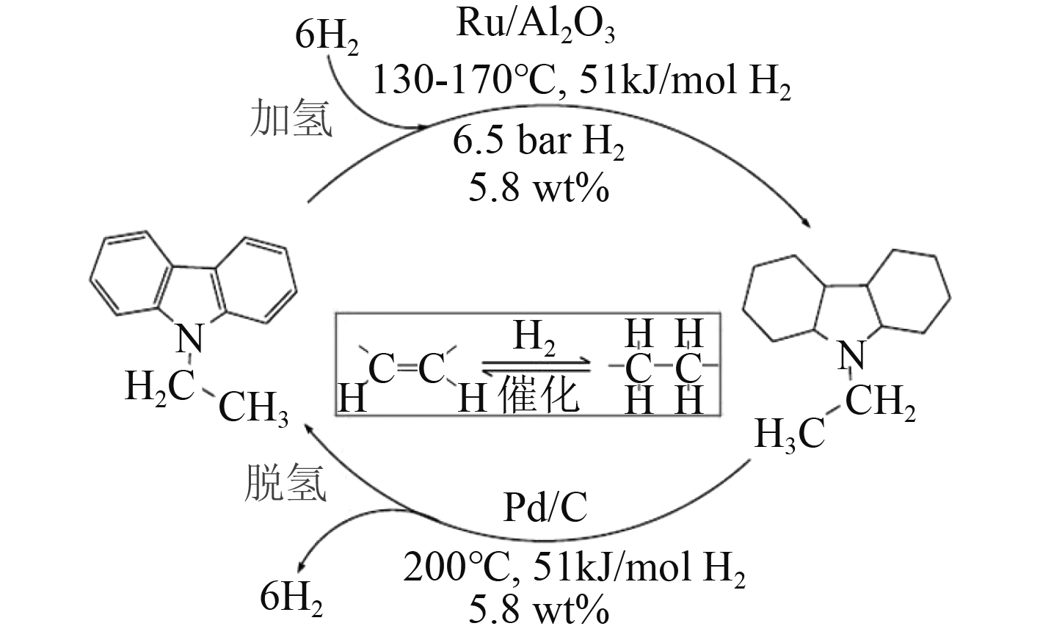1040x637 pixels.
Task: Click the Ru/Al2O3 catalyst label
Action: tap(535, 27)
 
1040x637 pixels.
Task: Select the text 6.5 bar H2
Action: tap(538, 144)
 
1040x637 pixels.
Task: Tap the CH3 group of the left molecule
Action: tap(254, 409)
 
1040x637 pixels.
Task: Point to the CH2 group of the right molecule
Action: tap(880, 402)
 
